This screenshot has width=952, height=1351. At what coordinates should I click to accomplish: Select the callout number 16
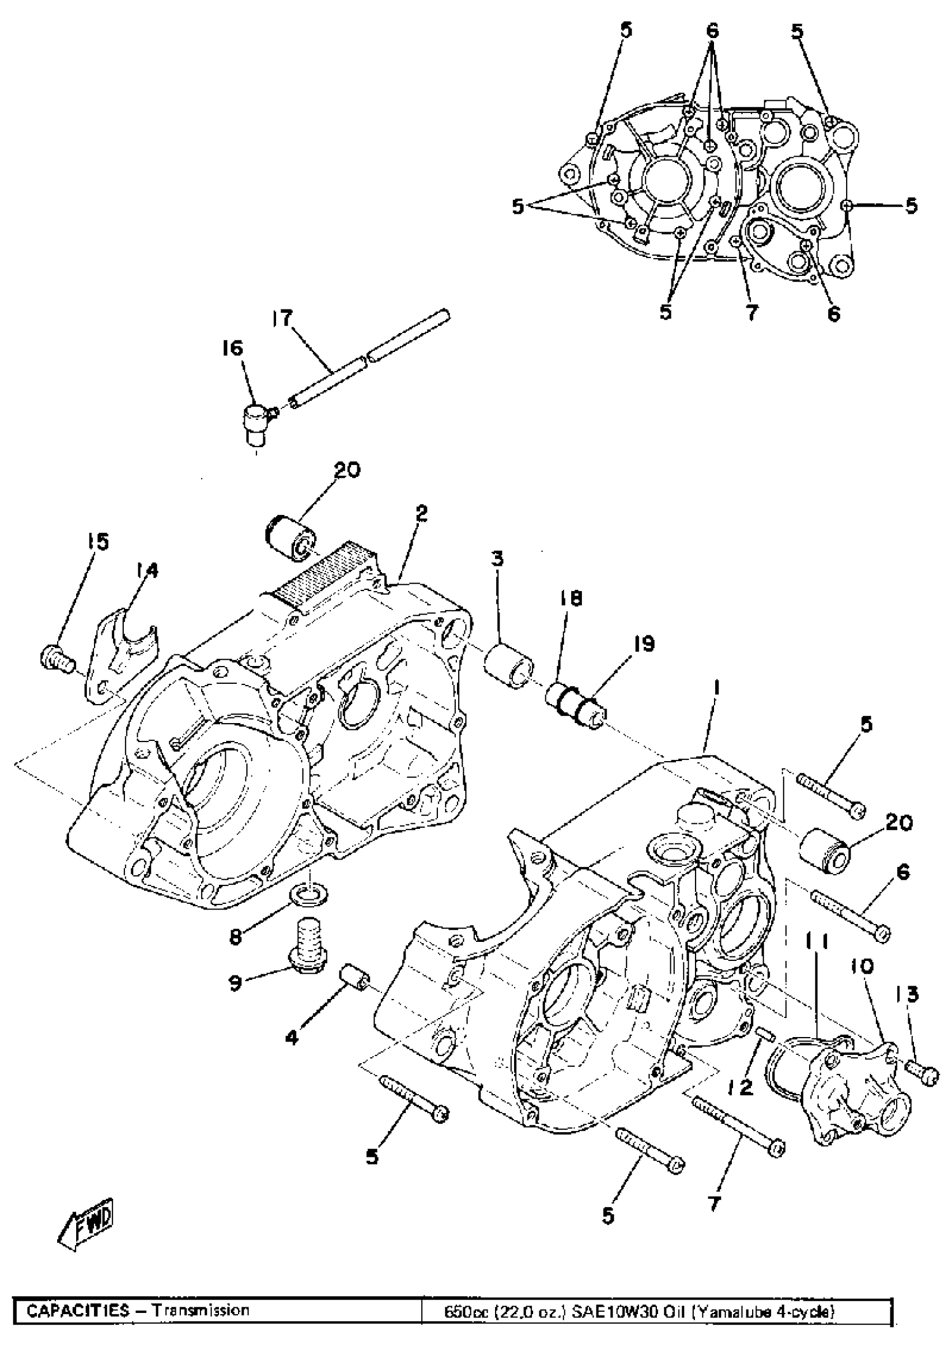click(x=232, y=349)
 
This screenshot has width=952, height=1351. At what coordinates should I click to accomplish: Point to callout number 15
click(x=99, y=541)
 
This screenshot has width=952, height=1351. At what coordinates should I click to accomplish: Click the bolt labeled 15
click(x=57, y=660)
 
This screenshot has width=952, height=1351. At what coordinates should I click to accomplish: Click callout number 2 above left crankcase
click(x=421, y=514)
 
